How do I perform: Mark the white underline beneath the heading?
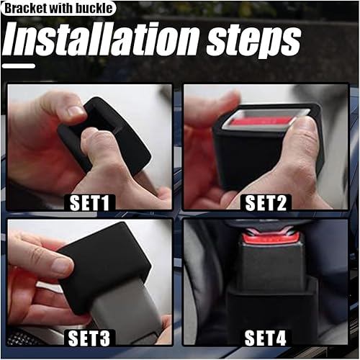[19, 66]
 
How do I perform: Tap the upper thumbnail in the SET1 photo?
[75, 112]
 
